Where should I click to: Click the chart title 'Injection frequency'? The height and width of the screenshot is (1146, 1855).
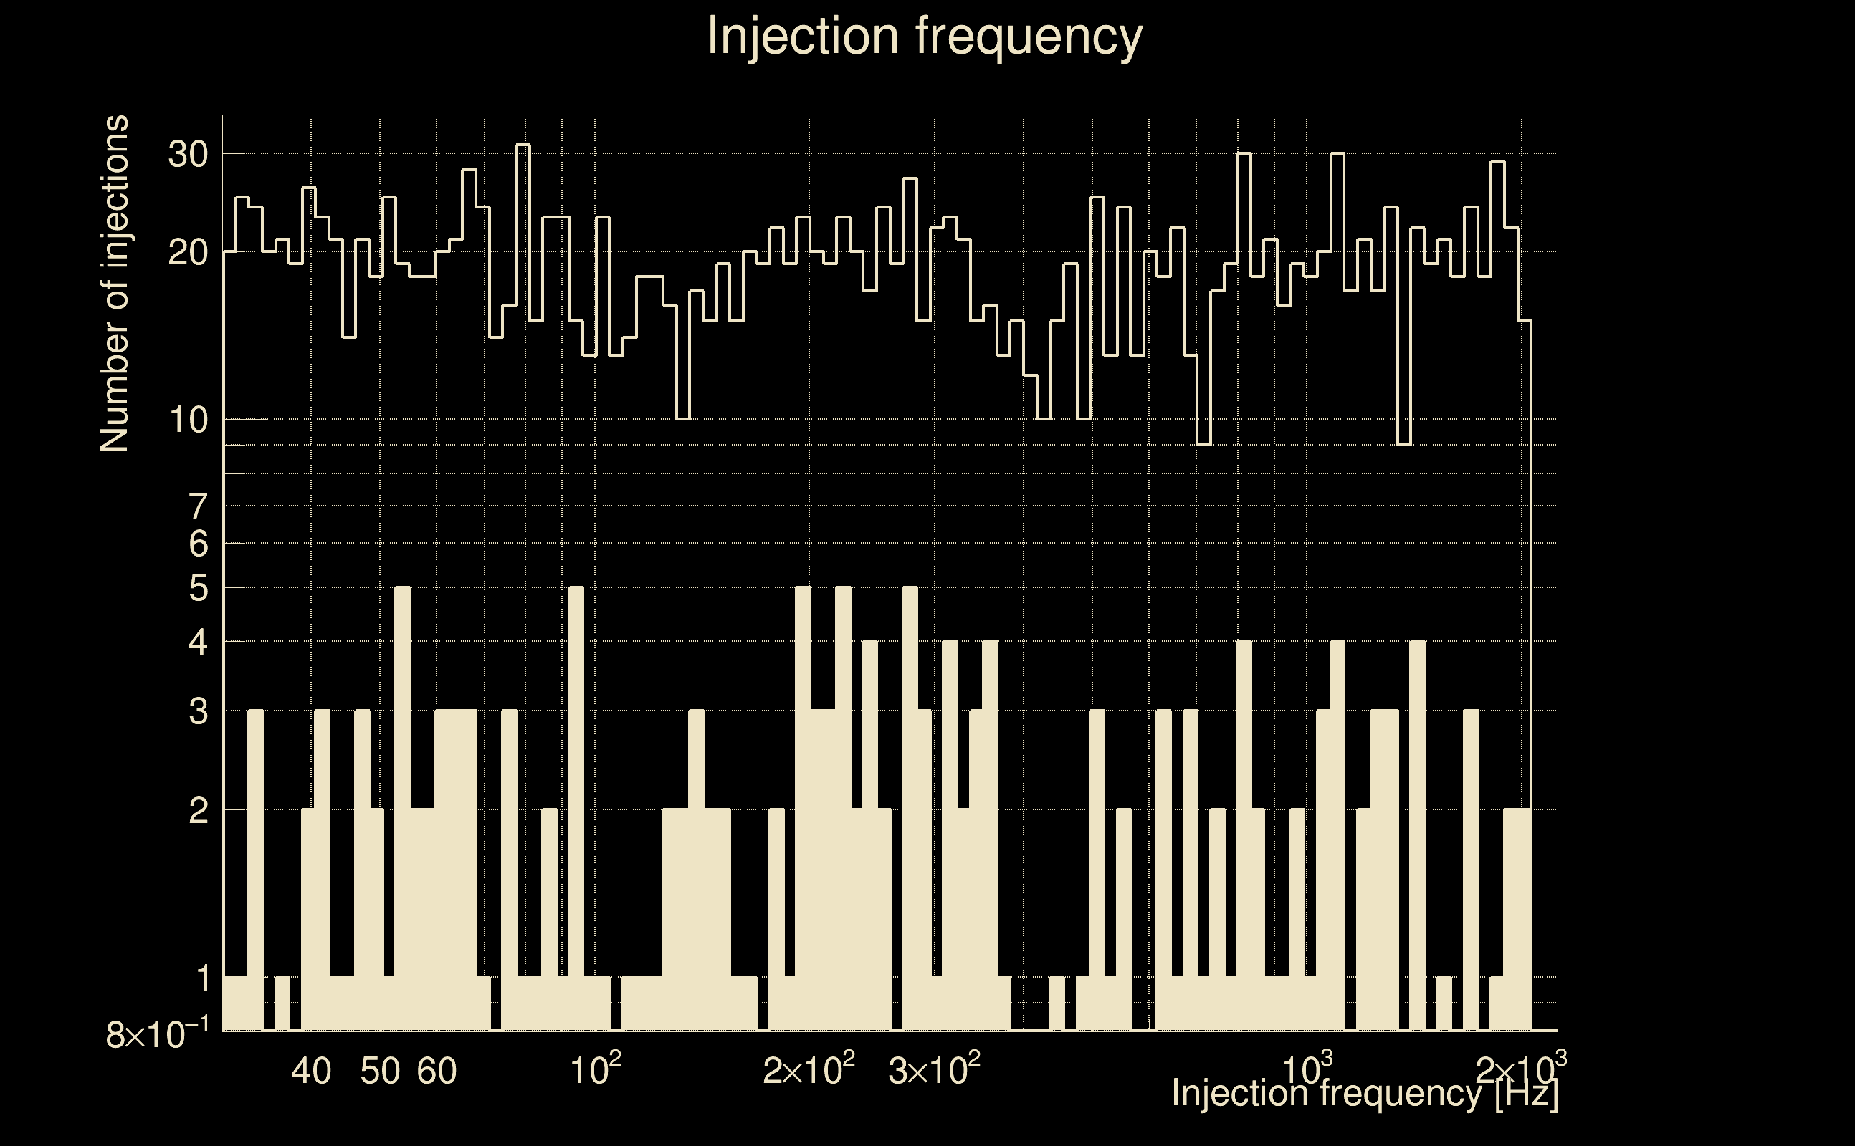(925, 36)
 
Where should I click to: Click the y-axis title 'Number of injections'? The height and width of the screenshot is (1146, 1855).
(114, 284)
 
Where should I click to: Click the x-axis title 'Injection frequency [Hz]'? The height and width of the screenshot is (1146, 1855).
(1364, 1094)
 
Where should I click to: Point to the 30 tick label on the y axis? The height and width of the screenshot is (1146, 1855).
(187, 155)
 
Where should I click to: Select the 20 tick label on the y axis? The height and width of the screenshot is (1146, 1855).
(187, 252)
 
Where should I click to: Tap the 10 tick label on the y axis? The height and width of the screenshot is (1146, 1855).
(187, 420)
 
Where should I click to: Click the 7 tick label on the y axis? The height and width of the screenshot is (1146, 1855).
(198, 506)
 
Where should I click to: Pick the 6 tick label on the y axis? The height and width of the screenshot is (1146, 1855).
(198, 544)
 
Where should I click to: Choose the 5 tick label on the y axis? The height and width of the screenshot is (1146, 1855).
(198, 588)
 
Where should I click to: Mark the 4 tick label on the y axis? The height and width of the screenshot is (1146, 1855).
(198, 642)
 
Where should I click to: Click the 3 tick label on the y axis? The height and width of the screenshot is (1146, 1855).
(198, 712)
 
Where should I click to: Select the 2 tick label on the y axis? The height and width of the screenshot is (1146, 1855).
(198, 811)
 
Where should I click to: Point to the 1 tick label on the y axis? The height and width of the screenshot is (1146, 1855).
(201, 978)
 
